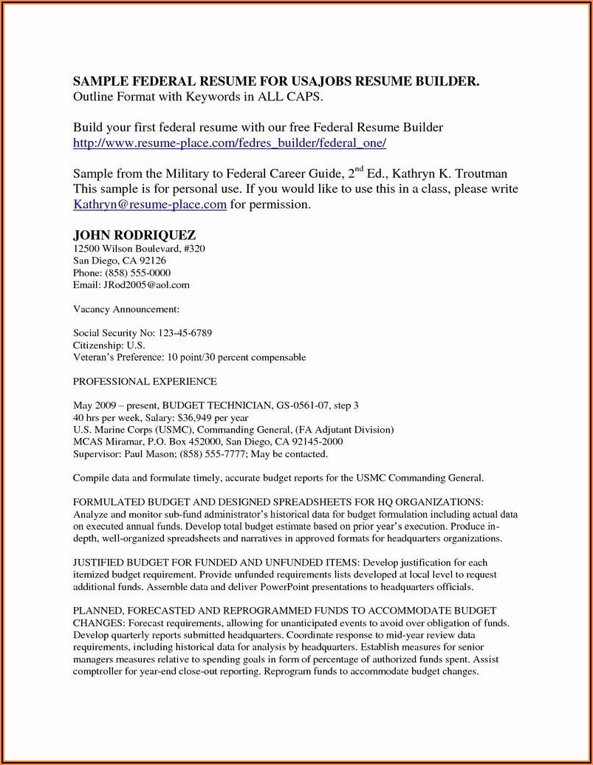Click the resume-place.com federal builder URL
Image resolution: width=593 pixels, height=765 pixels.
(x=230, y=143)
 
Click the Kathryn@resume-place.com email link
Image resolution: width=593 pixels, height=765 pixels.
(x=150, y=205)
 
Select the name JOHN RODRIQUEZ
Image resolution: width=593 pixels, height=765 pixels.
(x=134, y=236)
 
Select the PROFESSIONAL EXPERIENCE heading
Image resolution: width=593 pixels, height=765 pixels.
(x=145, y=382)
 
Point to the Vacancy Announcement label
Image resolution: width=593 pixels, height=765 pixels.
(x=126, y=309)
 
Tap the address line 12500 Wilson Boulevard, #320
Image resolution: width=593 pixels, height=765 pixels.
(x=139, y=249)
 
